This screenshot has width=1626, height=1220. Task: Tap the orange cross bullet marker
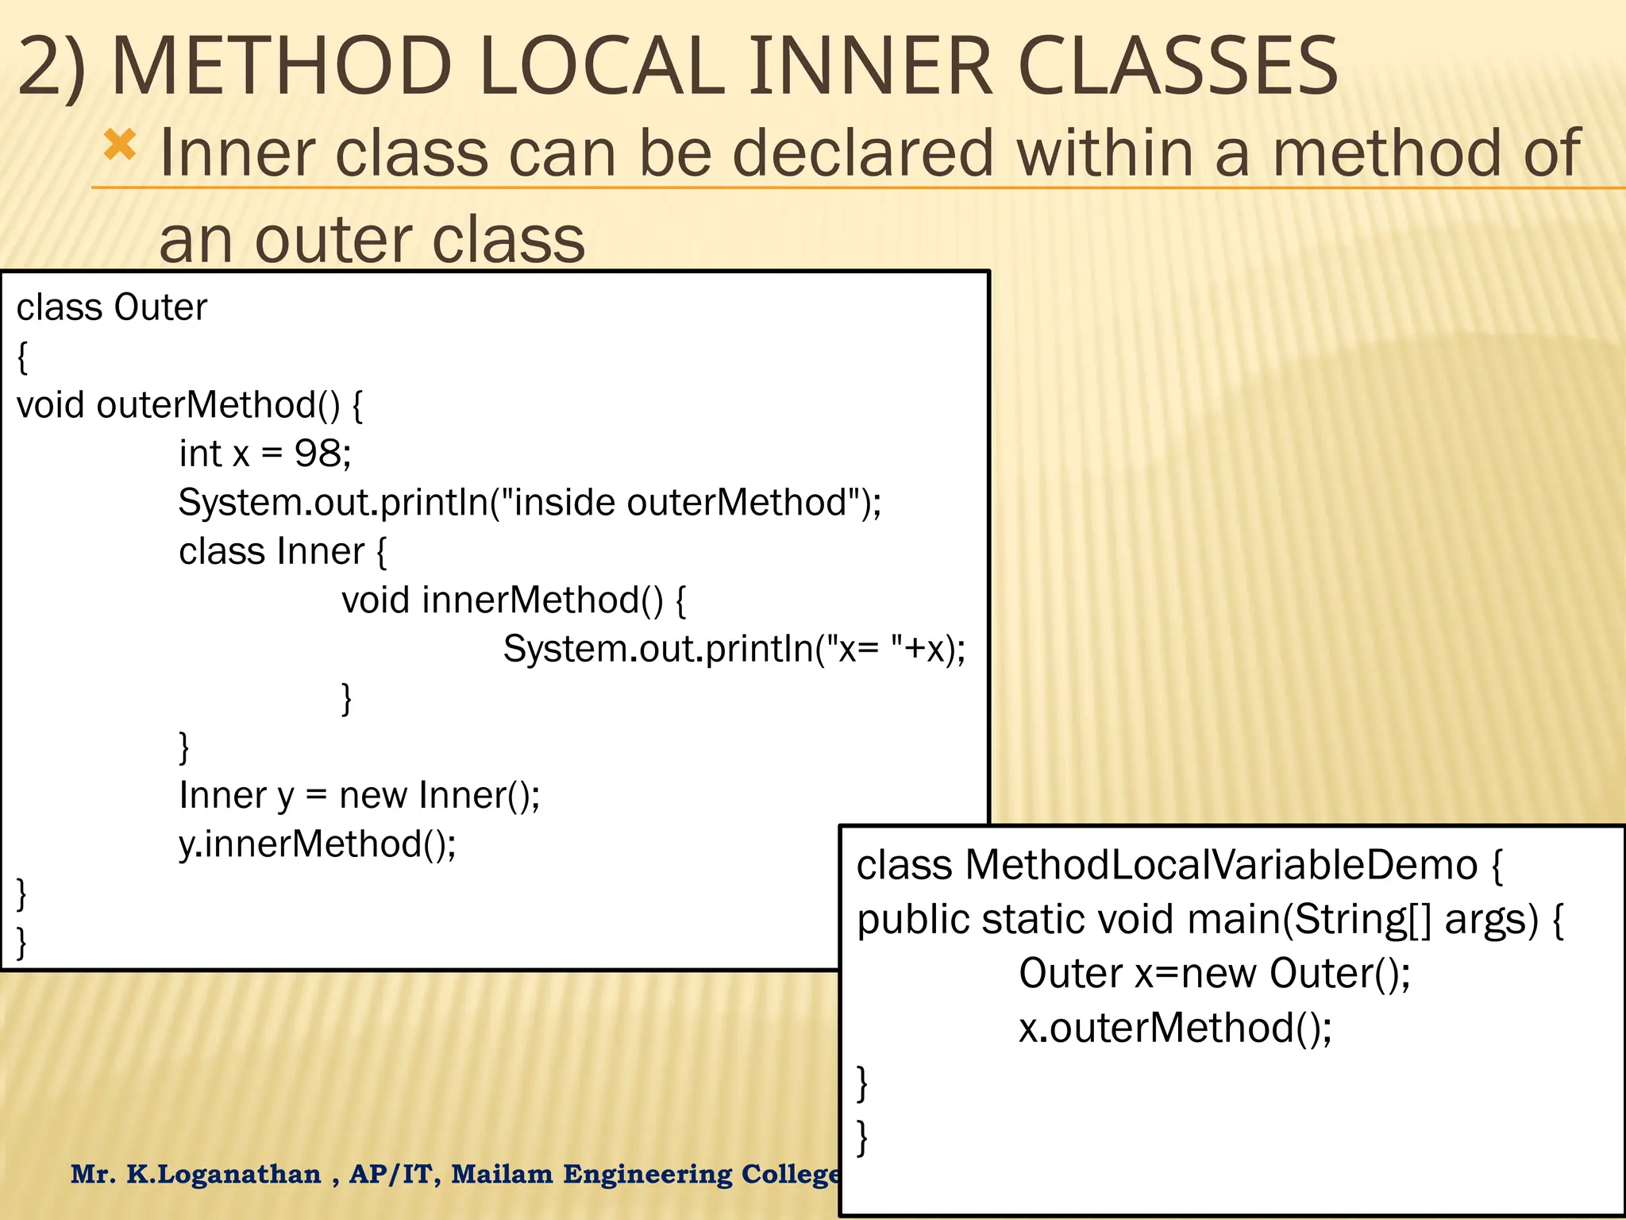tap(120, 145)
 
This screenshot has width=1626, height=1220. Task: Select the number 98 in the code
tap(317, 454)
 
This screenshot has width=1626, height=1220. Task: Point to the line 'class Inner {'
tap(283, 551)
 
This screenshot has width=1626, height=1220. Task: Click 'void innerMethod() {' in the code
tap(514, 600)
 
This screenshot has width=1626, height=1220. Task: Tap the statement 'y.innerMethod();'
tap(318, 844)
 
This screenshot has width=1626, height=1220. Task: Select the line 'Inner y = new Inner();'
tap(359, 795)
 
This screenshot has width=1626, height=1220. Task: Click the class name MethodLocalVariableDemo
tap(1220, 864)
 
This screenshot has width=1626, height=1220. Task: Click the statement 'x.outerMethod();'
tap(1175, 1028)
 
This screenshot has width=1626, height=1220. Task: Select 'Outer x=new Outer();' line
tap(1214, 973)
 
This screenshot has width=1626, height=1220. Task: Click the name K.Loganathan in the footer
tap(224, 1174)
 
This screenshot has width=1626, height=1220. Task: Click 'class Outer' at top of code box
tap(111, 307)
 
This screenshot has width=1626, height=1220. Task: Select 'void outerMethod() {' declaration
tap(190, 405)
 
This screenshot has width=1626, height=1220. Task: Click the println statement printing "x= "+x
tap(734, 649)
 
